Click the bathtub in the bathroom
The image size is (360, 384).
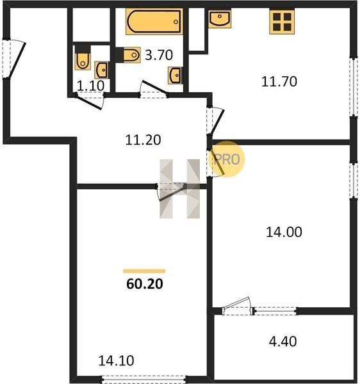(154, 21)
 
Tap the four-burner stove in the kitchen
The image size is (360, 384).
(282, 22)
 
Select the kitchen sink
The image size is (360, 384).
(220, 19)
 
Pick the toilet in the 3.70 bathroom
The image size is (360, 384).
(128, 55)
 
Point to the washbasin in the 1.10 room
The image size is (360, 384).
(101, 70)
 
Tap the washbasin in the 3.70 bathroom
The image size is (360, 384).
(175, 75)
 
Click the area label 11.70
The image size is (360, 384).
(279, 81)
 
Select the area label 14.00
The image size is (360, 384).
(284, 232)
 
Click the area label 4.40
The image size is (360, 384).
(282, 341)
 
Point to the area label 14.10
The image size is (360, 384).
(116, 360)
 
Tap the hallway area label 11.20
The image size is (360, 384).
(143, 140)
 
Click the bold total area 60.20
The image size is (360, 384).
(145, 284)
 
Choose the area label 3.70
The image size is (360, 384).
(159, 55)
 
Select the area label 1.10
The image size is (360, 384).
(91, 86)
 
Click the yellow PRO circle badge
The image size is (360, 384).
(227, 159)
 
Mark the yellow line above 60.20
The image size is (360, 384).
(144, 271)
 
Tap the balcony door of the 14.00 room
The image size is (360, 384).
(238, 307)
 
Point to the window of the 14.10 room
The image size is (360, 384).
(143, 379)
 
